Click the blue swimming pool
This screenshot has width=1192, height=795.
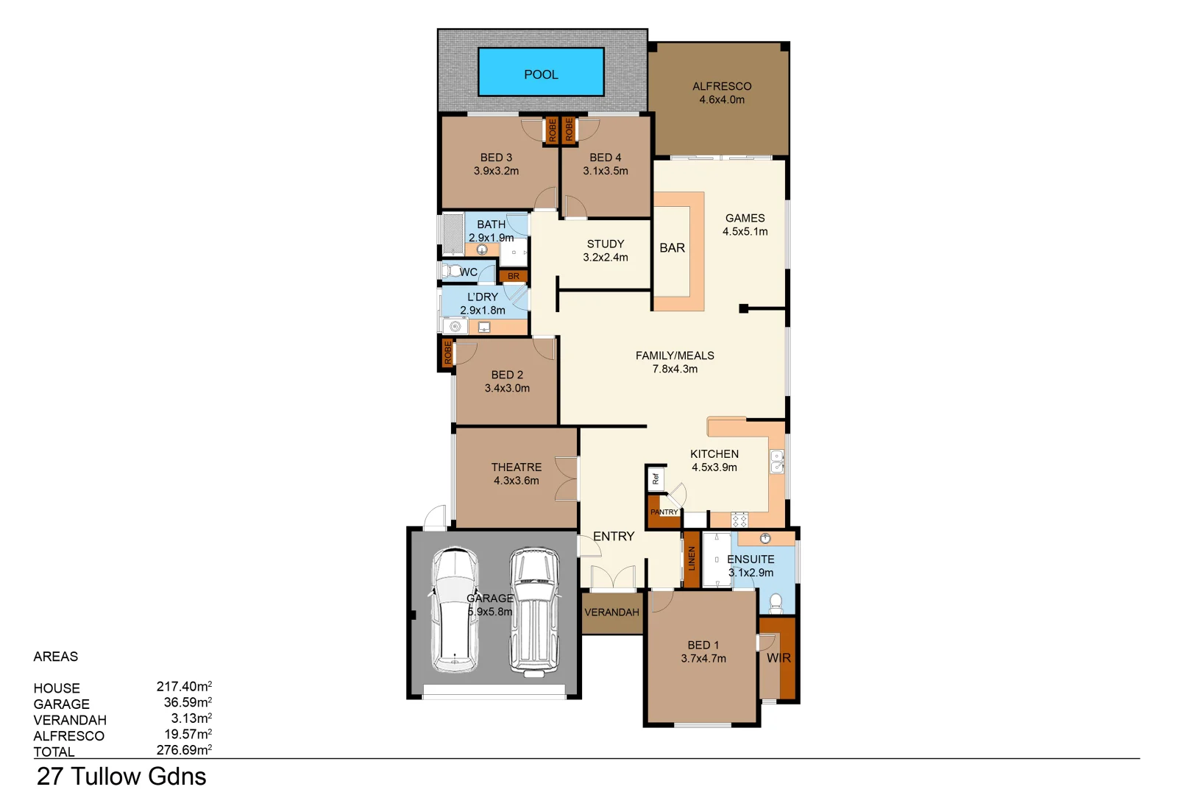click(541, 72)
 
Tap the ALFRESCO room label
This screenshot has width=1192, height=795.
click(721, 86)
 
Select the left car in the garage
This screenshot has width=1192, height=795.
click(455, 610)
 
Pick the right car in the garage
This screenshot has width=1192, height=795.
click(534, 610)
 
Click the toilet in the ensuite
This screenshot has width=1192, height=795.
click(776, 604)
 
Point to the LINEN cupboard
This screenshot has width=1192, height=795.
click(691, 558)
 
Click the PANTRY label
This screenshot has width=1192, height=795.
click(664, 512)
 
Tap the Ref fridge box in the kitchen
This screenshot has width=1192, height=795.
click(656, 479)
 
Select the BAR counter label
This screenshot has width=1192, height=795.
click(672, 248)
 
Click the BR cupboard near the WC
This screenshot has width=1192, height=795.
click(514, 276)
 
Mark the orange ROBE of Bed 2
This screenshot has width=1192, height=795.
click(447, 353)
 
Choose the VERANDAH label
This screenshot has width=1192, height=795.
click(611, 612)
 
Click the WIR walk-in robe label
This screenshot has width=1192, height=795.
click(778, 658)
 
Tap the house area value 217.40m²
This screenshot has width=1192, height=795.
click(184, 687)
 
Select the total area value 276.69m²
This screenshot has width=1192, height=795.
click(184, 750)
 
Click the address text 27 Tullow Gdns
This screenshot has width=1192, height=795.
click(121, 777)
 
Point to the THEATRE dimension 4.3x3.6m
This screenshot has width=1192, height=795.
click(516, 481)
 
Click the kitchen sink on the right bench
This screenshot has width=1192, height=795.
click(777, 462)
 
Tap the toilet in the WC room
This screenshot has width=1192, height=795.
click(451, 271)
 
